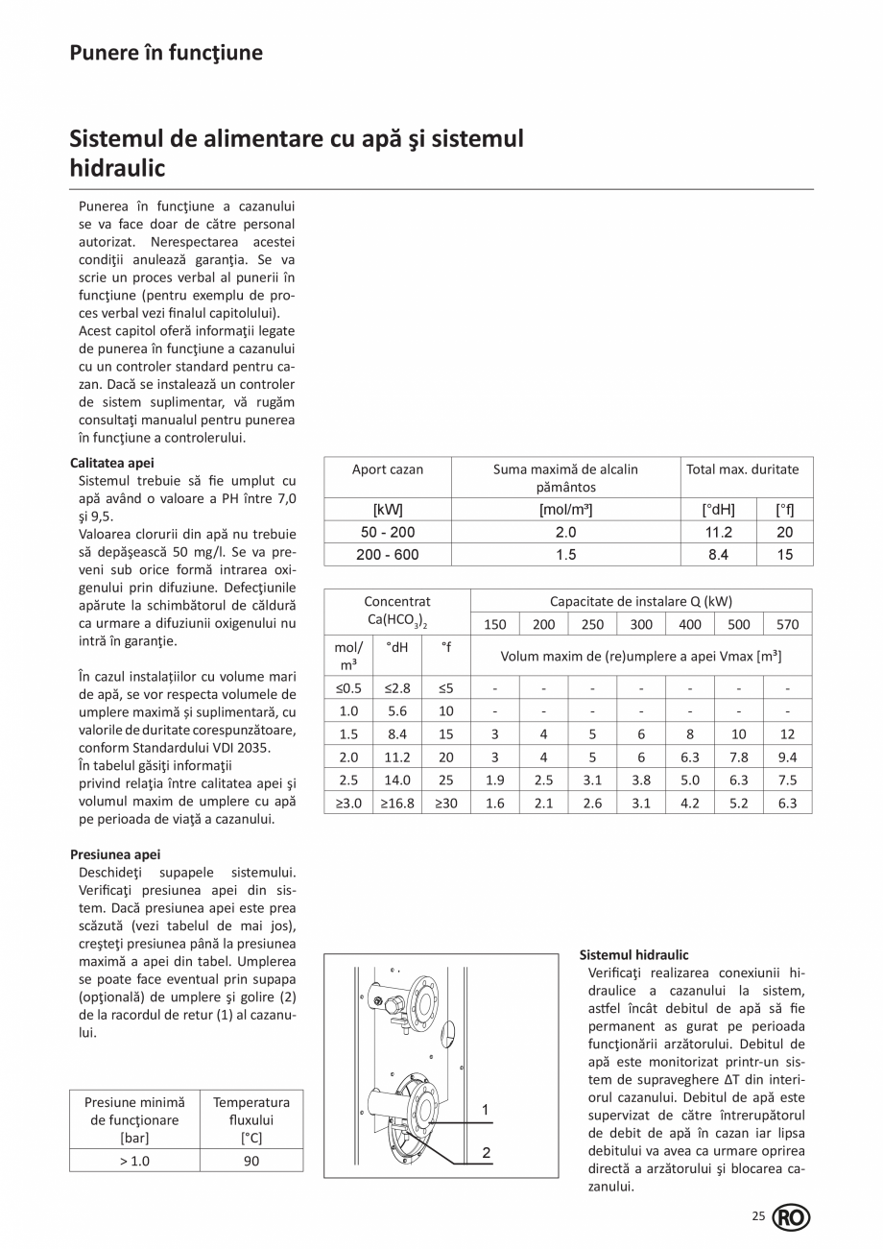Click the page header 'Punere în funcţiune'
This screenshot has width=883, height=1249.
coord(166,53)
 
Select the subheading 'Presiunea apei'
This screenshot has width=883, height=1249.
coord(115,853)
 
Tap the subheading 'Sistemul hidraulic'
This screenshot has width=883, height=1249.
coord(634,955)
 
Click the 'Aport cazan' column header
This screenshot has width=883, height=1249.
coord(388,469)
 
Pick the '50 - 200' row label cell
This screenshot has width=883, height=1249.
coord(388,532)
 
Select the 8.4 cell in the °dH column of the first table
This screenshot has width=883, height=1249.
coord(718,554)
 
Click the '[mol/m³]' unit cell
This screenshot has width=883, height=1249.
coord(565,510)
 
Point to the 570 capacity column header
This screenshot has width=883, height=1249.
coord(787,624)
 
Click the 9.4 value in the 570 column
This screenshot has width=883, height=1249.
coord(787,757)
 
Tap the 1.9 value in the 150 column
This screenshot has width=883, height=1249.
coord(494,780)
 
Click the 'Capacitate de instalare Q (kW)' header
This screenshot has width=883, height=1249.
coord(640,602)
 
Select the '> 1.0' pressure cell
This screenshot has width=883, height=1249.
coord(134,1161)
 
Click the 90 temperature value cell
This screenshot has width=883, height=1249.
coord(251,1161)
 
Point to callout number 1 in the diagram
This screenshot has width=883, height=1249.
coord(486,1111)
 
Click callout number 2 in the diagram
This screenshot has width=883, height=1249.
coord(486,1153)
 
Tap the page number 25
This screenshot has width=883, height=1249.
coord(758,1217)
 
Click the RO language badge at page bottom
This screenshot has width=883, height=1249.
coord(791,1218)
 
